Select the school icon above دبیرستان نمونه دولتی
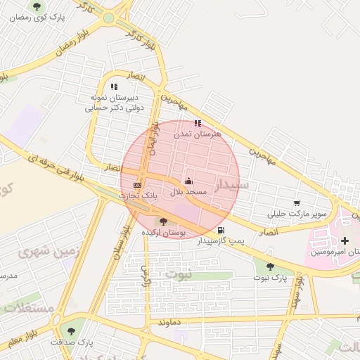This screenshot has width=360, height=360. [x=114, y=86]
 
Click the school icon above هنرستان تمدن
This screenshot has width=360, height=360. [x=198, y=123]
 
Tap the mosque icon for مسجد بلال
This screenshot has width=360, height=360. [x=188, y=181]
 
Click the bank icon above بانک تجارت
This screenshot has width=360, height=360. [x=137, y=184]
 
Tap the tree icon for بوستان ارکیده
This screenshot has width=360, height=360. [x=164, y=221]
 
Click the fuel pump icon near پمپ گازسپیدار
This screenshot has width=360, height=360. [x=221, y=230]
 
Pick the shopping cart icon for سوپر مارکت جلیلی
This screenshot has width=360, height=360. [x=297, y=202]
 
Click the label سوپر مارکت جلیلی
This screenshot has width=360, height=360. [x=297, y=212]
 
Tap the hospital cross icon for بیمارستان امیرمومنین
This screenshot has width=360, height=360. [x=344, y=240]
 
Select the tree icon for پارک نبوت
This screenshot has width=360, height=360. [x=270, y=266]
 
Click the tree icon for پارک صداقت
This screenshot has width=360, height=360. [x=71, y=330]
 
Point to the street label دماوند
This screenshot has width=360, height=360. [x=171, y=322]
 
